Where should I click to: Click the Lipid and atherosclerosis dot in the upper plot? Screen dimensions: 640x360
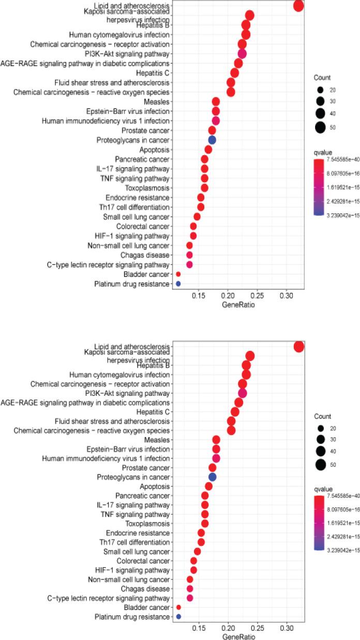point(298,6)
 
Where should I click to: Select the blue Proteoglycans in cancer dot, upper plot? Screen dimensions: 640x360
point(212,140)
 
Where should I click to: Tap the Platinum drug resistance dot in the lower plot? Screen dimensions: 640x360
point(178,617)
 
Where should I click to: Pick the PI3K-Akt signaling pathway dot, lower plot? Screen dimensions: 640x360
point(242,393)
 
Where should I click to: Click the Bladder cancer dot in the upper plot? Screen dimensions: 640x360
point(178,274)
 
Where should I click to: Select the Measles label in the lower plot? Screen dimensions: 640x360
point(158,440)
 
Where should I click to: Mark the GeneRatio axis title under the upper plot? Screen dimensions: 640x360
point(238,305)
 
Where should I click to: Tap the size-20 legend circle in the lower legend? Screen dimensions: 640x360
point(320,428)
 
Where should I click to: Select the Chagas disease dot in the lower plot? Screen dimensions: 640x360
point(189,588)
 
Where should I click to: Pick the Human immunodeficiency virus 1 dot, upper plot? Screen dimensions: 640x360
point(216,121)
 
